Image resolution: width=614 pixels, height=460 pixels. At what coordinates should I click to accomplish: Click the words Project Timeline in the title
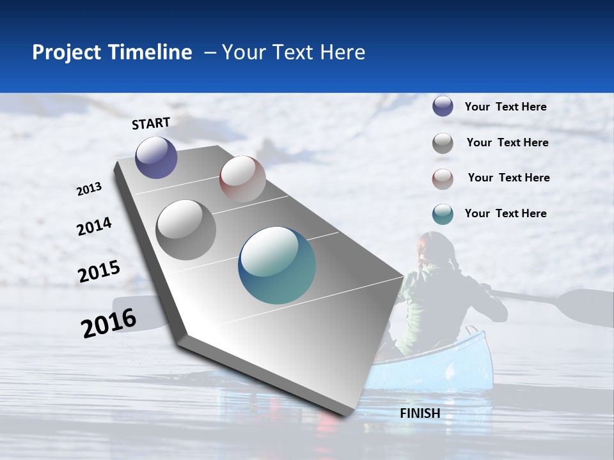pos(112,52)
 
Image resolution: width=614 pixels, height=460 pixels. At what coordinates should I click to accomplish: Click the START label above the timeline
pos(151,123)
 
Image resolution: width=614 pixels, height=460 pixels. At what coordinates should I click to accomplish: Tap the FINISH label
pos(420,413)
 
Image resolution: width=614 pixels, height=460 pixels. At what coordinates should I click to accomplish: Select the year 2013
pos(89,189)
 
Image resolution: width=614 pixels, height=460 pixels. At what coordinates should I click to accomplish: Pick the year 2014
pos(94,227)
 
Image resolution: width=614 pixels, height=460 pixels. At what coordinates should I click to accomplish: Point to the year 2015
pos(99,272)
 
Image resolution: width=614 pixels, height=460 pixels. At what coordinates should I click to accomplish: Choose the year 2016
pos(109,323)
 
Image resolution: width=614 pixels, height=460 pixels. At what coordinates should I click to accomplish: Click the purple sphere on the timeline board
pos(156,158)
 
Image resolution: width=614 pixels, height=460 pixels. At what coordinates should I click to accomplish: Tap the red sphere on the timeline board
pos(242,179)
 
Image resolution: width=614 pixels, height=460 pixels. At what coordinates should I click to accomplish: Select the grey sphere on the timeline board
pos(186,230)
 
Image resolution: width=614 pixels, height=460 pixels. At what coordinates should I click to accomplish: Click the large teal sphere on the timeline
pos(277,265)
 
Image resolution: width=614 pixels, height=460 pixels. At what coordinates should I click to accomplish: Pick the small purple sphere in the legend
pos(443,107)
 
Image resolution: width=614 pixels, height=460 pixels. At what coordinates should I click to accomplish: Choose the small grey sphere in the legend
pos(443,143)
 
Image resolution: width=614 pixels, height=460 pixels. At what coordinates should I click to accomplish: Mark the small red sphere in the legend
pos(443,179)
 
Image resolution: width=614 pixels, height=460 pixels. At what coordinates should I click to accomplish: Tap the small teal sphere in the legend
pos(443,214)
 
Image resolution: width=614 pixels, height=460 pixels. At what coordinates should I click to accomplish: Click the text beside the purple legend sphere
pos(505,107)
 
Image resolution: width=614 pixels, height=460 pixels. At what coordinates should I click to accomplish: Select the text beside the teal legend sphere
pos(505,213)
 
